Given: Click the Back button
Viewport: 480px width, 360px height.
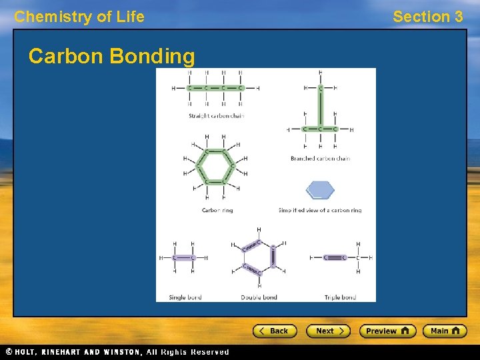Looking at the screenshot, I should click(273, 331).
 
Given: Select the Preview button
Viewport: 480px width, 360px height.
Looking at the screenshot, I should click(387, 331).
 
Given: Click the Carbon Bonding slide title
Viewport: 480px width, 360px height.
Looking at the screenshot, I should click(112, 57).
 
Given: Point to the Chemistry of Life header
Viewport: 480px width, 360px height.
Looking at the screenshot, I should click(79, 17).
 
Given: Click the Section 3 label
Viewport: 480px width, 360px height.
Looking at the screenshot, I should click(427, 17).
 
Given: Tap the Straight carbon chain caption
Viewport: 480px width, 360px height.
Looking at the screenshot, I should click(216, 116).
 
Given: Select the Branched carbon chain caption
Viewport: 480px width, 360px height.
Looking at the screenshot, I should click(320, 159).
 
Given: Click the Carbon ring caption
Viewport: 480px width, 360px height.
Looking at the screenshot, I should click(217, 210).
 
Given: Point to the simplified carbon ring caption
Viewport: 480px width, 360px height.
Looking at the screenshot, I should click(320, 210).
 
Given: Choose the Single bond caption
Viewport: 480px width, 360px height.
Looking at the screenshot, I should click(185, 297).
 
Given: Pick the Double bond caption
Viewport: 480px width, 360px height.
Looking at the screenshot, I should click(259, 297).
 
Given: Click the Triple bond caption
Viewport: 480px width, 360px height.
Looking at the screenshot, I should click(340, 297).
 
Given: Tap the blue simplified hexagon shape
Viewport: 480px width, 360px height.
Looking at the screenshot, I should click(320, 190).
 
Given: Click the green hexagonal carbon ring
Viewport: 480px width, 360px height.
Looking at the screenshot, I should click(215, 167).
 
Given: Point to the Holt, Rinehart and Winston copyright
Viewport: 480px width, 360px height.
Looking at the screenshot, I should click(117, 352).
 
